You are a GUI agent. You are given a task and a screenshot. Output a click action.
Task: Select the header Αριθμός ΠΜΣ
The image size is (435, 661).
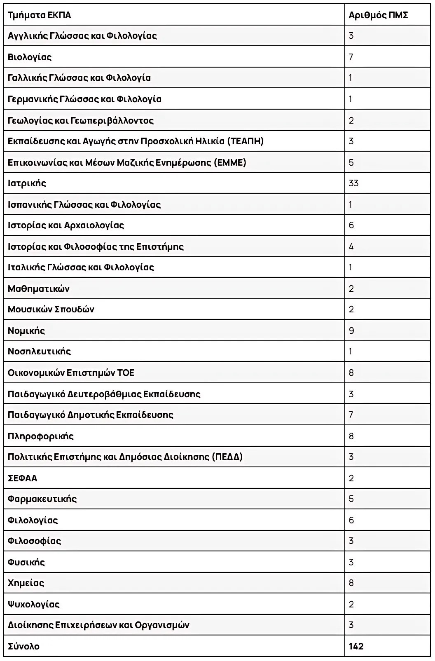[378, 15]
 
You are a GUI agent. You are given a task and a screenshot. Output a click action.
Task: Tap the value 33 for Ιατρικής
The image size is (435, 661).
[353, 183]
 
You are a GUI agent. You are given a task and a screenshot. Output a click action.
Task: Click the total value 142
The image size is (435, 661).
[356, 646]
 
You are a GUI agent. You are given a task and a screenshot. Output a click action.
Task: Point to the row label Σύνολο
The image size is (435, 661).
[24, 646]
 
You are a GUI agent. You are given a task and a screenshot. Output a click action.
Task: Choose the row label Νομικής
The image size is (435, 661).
[26, 330]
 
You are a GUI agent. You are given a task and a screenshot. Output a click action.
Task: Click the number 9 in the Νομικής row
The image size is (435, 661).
[351, 330]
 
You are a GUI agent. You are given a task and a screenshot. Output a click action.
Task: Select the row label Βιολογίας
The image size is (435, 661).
[30, 57]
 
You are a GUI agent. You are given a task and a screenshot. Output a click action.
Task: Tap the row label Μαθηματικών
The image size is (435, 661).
[39, 288]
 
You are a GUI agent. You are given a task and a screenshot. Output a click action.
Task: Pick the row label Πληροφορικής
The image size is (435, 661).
[41, 436]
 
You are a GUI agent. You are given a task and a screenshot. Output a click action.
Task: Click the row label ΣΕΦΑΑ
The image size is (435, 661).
[23, 478]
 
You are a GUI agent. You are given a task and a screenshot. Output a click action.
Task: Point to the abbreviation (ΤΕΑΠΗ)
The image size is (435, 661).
[245, 141]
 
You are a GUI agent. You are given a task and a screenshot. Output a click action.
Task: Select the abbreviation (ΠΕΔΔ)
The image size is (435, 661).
[227, 457]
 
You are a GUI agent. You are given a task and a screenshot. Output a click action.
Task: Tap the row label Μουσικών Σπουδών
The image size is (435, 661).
[51, 309]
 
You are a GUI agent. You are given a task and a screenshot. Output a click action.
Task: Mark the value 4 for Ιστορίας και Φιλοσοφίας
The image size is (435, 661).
[351, 246]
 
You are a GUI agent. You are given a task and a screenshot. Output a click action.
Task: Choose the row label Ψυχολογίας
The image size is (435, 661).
[34, 604]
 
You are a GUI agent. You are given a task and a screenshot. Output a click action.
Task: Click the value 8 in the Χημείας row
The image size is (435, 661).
[351, 583]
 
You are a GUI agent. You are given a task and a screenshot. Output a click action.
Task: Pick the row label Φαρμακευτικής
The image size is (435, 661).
[42, 499]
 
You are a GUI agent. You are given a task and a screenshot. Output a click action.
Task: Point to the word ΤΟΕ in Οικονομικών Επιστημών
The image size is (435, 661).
[126, 373]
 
